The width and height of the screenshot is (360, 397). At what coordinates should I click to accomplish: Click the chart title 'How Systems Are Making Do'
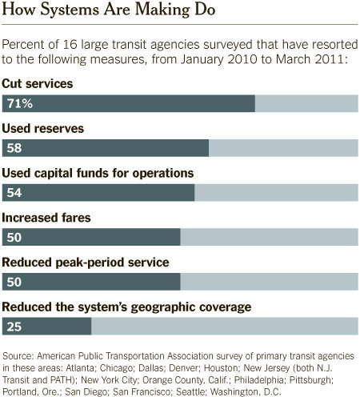(x=108, y=10)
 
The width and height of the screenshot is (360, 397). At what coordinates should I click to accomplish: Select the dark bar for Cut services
(x=129, y=103)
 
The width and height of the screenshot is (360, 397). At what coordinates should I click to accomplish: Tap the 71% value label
(x=20, y=103)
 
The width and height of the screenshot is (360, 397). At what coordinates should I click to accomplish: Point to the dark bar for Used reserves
(x=106, y=148)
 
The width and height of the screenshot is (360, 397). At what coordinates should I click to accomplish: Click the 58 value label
(x=14, y=148)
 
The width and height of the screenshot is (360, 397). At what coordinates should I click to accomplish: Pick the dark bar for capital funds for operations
(x=98, y=192)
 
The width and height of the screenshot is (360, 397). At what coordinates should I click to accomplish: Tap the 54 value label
(x=14, y=192)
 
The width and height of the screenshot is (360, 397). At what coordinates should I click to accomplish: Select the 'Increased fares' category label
(x=46, y=218)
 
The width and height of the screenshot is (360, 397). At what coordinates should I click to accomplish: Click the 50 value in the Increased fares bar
(x=14, y=237)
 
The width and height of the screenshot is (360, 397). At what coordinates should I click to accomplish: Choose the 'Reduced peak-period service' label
(x=86, y=263)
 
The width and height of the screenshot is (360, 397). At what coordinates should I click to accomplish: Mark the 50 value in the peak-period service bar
(x=14, y=282)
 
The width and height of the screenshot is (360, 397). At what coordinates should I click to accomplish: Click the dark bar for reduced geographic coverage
(x=46, y=326)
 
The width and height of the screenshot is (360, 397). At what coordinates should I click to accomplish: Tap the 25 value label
(x=14, y=327)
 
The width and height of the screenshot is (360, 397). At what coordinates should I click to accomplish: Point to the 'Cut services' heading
(x=38, y=84)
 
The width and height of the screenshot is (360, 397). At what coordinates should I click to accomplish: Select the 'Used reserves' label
(x=42, y=129)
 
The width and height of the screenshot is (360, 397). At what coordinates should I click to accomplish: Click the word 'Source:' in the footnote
(x=18, y=356)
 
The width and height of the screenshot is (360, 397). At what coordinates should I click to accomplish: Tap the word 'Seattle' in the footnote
(x=191, y=391)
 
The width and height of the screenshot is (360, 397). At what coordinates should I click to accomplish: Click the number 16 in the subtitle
(x=70, y=45)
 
